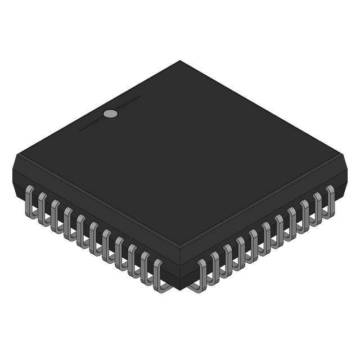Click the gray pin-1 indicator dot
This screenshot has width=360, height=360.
[x=111, y=114]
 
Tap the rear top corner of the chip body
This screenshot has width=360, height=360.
[x=180, y=61]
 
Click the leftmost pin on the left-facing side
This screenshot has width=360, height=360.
[x=29, y=200]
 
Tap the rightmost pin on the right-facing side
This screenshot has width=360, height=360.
[x=330, y=200]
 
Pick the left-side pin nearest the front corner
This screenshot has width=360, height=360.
[x=159, y=276]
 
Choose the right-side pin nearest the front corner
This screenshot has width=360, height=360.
[x=201, y=276]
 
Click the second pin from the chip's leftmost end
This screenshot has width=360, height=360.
[x=42, y=208]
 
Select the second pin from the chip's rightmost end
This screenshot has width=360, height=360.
[x=317, y=207]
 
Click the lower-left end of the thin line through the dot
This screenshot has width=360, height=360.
[x=80, y=130]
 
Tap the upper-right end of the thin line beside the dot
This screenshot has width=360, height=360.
[x=141, y=96]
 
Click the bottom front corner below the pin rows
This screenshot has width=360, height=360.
[x=180, y=290]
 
